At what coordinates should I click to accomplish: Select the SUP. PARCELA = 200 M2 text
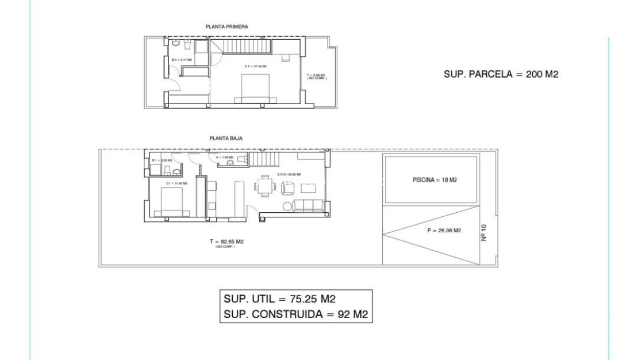point(501,74)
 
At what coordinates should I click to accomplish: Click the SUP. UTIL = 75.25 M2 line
point(279,300)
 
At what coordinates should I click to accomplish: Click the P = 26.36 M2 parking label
point(444,231)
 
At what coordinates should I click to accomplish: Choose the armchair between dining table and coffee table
point(287,187)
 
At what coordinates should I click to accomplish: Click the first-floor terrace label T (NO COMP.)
point(317,76)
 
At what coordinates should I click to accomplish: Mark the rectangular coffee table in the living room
point(308,187)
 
